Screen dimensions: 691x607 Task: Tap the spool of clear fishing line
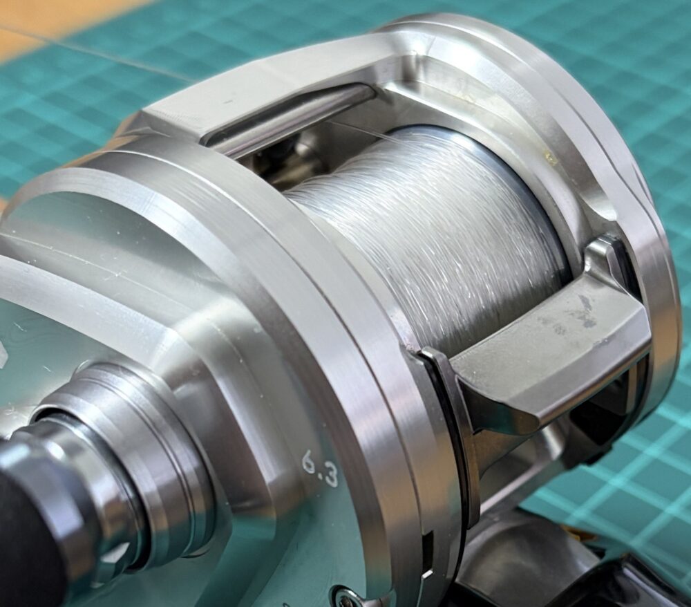423,238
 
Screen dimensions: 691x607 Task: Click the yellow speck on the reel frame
549,156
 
